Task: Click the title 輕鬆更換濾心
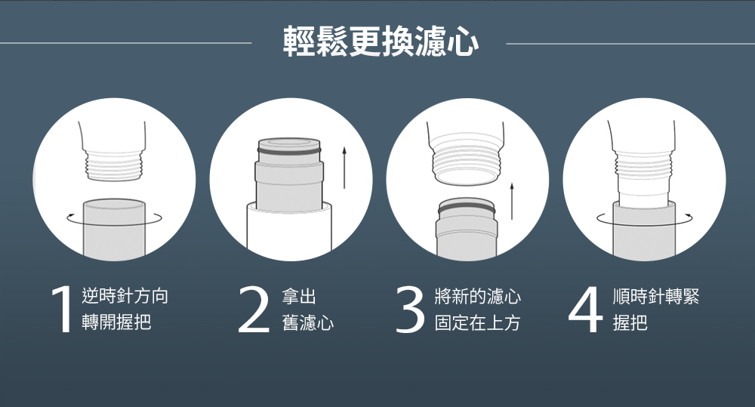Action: click(381, 42)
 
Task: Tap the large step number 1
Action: click(62, 310)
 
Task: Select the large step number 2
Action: click(254, 310)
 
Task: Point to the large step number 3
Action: click(410, 310)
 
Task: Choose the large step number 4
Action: click(586, 310)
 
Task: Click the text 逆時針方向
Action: click(125, 296)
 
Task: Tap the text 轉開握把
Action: click(116, 322)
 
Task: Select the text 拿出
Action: click(299, 296)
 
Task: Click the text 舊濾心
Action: click(308, 322)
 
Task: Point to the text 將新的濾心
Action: click(477, 296)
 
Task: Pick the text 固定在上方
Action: click(477, 322)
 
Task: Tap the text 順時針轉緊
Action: click(656, 296)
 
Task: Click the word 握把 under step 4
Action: click(630, 322)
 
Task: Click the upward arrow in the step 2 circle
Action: click(344, 168)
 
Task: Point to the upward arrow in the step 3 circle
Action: click(512, 201)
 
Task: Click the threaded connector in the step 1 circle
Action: click(114, 165)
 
